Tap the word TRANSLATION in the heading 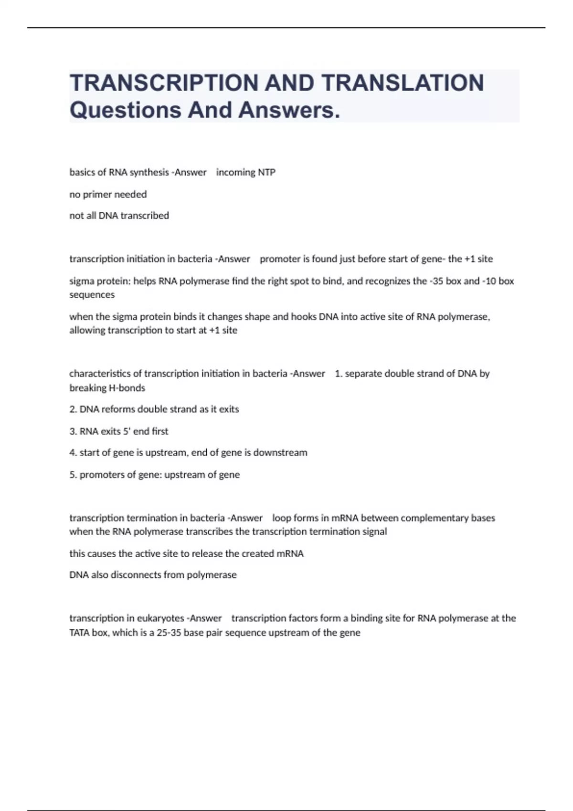pyautogui.click(x=403, y=83)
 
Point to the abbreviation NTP pyautogui.click(x=267, y=172)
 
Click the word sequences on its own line pyautogui.click(x=92, y=295)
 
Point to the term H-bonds pyautogui.click(x=127, y=388)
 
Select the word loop pyautogui.click(x=282, y=518)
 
